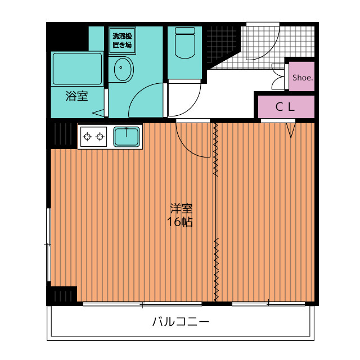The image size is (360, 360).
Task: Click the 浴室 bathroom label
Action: point(77,96)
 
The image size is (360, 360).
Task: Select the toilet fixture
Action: point(184,43)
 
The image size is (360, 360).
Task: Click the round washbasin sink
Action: point(121,70)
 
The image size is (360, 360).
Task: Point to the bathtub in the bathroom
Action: point(77,68)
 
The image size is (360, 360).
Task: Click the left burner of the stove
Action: point(87,136)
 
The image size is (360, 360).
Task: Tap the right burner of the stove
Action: point(101,136)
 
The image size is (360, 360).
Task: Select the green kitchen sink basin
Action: point(127,136)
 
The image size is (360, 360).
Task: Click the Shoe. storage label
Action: point(302,78)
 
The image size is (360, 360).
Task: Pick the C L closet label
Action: point(285,107)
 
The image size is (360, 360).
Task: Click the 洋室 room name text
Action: point(180,208)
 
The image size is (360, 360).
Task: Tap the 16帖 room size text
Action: point(180,222)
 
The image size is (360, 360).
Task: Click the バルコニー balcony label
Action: point(181,322)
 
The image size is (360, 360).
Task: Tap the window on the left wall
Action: point(48,244)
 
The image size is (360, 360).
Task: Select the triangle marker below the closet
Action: point(291,130)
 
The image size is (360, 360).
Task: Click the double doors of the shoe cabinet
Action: point(278,78)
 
